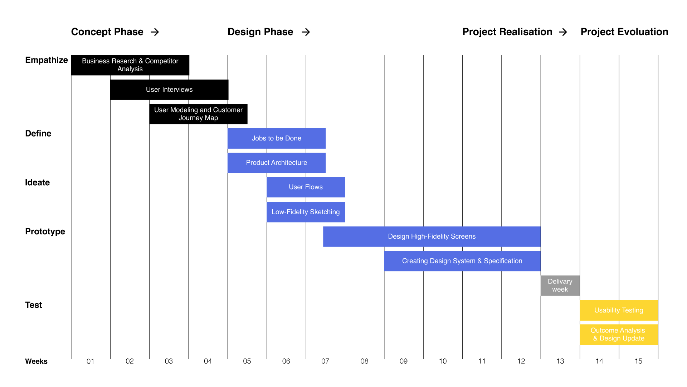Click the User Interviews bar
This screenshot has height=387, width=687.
169,90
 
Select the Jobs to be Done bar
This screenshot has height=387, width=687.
277,138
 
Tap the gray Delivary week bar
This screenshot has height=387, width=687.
560,286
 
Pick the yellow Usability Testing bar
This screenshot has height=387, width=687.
619,310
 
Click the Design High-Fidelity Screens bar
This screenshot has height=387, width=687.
432,236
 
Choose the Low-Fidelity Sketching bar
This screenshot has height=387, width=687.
306,212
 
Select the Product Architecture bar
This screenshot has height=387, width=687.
277,163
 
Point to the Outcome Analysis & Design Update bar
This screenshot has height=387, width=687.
619,334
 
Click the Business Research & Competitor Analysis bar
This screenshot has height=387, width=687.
130,65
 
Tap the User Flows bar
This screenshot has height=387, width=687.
306,187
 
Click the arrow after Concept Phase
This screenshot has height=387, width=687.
155,32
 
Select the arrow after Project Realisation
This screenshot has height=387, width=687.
563,32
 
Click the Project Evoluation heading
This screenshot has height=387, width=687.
624,32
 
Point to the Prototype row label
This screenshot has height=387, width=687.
45,231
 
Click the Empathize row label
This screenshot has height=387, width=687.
47,60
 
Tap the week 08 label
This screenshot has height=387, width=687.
364,361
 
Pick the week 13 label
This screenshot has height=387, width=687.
560,361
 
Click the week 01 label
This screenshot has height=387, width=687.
90,361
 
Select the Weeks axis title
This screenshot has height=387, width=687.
36,361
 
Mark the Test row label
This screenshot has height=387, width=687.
34,305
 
